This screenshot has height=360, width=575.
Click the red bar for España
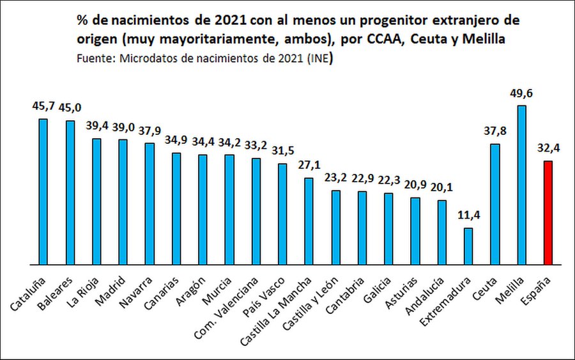[548, 213]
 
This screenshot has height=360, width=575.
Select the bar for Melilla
[521, 185]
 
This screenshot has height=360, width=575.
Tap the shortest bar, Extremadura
[468, 246]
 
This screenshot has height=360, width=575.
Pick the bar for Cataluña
[43, 191]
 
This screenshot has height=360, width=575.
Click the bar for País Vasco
[282, 214]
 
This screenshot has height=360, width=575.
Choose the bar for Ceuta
[494, 204]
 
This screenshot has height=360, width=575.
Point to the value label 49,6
[521, 93]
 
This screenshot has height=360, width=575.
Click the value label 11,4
[468, 215]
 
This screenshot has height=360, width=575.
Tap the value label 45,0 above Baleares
[70, 107]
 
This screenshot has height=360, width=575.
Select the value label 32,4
[548, 148]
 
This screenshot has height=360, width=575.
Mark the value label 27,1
[309, 165]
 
